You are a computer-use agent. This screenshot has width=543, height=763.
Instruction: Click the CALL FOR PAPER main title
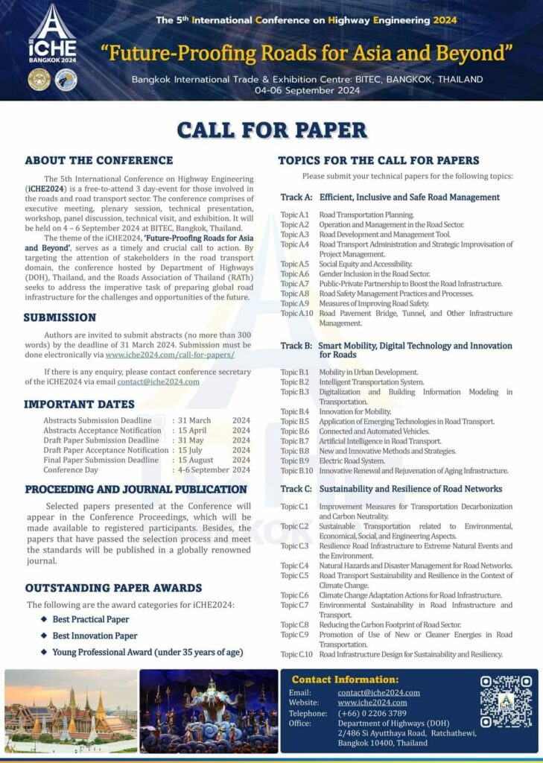click(x=271, y=130)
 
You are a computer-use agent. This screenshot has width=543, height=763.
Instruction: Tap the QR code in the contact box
click(x=506, y=701)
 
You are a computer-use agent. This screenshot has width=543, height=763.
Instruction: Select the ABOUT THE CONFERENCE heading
click(x=98, y=160)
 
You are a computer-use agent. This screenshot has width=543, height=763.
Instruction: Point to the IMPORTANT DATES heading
click(x=79, y=405)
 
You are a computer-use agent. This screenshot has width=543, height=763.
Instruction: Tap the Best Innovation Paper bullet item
click(x=95, y=636)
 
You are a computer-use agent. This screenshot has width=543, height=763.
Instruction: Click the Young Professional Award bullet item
click(x=147, y=652)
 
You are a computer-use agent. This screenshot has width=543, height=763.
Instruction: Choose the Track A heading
click(x=390, y=197)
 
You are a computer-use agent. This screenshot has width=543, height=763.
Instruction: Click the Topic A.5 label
click(x=294, y=264)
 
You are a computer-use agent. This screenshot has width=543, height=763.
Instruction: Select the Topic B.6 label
click(x=294, y=431)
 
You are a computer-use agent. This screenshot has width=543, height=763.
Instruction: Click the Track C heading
click(x=391, y=489)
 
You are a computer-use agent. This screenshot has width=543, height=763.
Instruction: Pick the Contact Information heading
click(x=345, y=680)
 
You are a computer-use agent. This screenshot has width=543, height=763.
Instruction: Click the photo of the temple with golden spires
click(x=71, y=711)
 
